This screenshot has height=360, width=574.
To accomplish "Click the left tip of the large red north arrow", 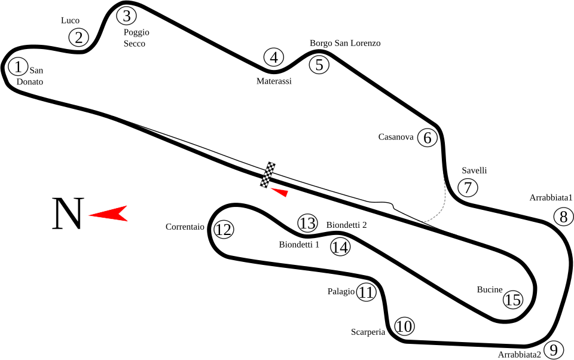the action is point(88,215).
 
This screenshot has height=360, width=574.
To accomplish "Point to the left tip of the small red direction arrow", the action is point(270,188).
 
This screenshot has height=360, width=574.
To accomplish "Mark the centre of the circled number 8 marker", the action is point(563,216).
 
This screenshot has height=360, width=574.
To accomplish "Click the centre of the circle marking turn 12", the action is point(223,230).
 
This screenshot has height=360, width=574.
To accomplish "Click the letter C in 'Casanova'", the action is point(381,137).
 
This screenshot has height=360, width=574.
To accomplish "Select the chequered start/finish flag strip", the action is point(268,175).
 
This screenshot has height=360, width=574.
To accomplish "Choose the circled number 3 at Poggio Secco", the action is point(126,16).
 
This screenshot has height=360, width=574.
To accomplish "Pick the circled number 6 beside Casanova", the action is point(427,138).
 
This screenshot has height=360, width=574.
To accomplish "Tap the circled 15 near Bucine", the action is point(513,300).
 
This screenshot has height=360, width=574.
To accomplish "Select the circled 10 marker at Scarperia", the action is point(405,327).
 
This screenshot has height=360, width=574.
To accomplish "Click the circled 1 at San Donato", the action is point(17,66).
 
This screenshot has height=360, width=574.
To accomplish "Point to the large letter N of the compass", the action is point(68,213).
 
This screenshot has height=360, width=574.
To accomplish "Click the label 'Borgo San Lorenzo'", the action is point(345,43).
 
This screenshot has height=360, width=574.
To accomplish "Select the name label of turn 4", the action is point(274,81).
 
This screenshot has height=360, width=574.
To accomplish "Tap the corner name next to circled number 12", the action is point(185,227).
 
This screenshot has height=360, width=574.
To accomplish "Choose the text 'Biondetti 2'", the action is point(346,225).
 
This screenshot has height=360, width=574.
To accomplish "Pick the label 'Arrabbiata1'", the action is point(551,198).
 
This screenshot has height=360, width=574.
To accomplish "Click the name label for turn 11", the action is point(341,291).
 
